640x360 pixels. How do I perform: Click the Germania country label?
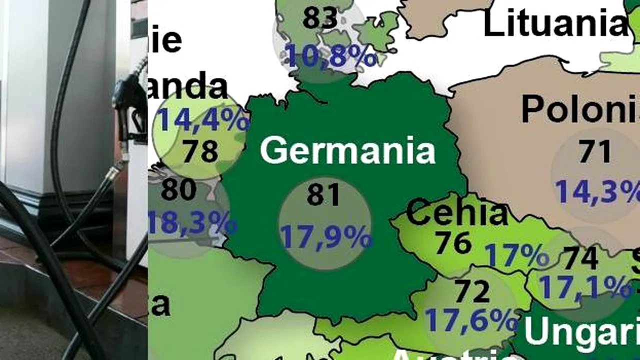point(347,150)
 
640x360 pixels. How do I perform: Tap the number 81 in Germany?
point(323,194)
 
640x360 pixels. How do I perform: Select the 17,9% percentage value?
point(326,236)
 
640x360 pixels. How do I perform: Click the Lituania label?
point(555,23)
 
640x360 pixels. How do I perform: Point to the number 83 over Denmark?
point(320,18)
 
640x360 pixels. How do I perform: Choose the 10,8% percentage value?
point(330,56)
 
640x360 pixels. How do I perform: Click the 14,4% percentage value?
point(203,120)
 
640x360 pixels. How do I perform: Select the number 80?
point(178,189)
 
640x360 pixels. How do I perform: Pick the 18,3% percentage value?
point(192,223)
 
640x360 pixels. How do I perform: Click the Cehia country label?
point(456,212)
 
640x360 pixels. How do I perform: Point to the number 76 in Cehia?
point(453,243)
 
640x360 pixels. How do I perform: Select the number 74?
point(581,258)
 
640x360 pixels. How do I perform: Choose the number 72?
point(472,291)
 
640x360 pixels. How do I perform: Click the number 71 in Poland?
point(595,151)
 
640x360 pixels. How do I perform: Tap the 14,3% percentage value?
point(597,191)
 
